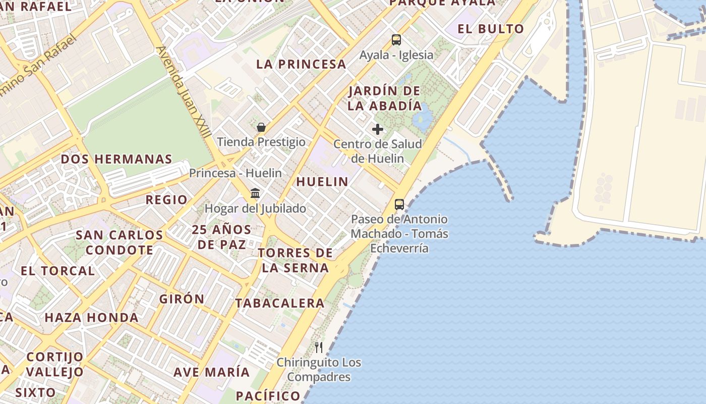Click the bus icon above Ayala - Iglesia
click(396, 40)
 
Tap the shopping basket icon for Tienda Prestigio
click(261, 127)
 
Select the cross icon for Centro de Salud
click(378, 129)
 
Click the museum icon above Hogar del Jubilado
click(255, 193)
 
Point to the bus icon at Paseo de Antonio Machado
click(399, 205)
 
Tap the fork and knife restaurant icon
click(319, 347)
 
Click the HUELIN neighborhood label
click(322, 182)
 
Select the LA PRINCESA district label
click(301, 64)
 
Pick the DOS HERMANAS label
click(116, 159)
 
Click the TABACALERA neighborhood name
click(280, 304)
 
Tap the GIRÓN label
click(182, 299)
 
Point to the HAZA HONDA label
click(92, 318)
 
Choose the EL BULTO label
click(491, 29)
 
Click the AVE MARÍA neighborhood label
click(212, 372)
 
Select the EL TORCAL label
click(57, 271)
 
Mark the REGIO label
click(166, 200)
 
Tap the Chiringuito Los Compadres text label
click(319, 370)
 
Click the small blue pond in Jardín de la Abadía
click(423, 118)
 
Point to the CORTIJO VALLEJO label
click(54, 365)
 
